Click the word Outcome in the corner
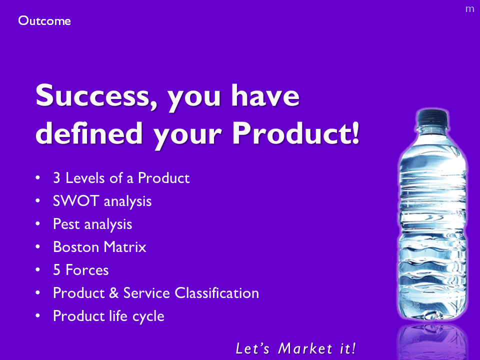click(x=44, y=21)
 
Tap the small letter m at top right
click(x=469, y=9)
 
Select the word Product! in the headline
click(x=295, y=133)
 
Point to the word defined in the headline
click(x=89, y=133)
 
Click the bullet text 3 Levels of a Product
click(x=121, y=178)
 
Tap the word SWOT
click(x=76, y=201)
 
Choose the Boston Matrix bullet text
click(x=99, y=246)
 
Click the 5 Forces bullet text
click(x=81, y=270)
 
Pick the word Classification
click(x=216, y=293)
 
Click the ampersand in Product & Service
click(x=113, y=293)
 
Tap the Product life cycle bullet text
click(x=108, y=316)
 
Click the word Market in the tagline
click(x=305, y=348)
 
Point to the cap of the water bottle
click(x=432, y=118)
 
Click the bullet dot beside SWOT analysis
click(x=37, y=201)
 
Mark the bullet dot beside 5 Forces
click(x=37, y=269)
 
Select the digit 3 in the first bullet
click(x=56, y=178)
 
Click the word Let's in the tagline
click(x=252, y=348)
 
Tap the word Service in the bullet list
click(x=146, y=293)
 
